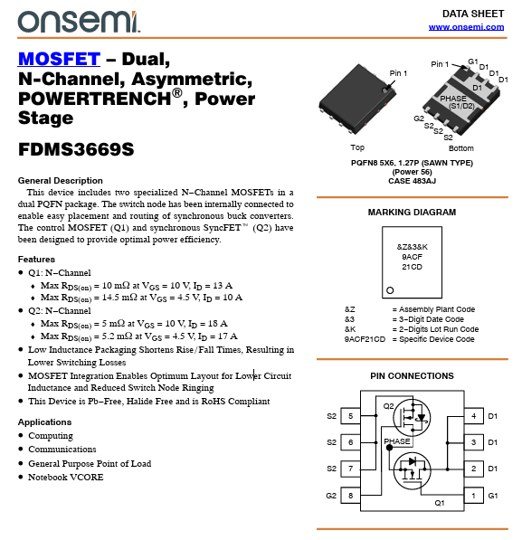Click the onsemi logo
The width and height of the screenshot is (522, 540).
[x=79, y=22]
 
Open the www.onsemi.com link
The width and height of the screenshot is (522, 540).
[x=466, y=27]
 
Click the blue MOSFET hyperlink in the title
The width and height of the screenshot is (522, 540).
[x=59, y=59]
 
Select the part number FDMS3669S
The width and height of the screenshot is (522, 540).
[x=76, y=149]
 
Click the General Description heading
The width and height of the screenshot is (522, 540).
[x=61, y=181]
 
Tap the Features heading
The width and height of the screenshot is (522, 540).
[x=36, y=259]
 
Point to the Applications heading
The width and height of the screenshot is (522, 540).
[x=45, y=422]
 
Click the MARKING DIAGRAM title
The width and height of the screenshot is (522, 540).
[x=412, y=213]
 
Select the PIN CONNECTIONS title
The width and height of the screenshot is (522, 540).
[x=412, y=375]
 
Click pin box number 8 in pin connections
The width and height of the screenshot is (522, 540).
[x=350, y=496]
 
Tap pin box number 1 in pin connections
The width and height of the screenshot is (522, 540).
[x=474, y=496]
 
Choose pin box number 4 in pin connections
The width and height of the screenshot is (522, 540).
[x=474, y=416]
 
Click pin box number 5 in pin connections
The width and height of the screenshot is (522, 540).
[x=350, y=416]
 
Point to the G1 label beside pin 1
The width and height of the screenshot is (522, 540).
[x=493, y=496]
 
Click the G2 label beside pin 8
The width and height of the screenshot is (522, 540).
[x=331, y=496]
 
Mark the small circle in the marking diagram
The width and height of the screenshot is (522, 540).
[x=390, y=290]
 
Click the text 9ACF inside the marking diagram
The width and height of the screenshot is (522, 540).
[x=412, y=257]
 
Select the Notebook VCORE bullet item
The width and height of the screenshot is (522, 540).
[x=66, y=478]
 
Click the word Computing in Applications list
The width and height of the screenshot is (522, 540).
[x=51, y=436]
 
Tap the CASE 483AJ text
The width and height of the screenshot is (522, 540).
[x=413, y=181]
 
